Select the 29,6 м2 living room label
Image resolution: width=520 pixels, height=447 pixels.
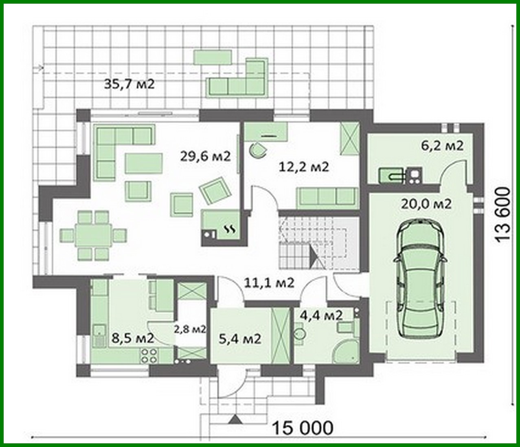205,156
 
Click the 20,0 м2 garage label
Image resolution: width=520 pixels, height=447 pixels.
426,204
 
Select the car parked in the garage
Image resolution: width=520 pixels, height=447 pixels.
419,277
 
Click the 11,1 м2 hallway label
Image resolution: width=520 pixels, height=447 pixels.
269,282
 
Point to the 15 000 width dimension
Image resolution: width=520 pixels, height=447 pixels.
302,428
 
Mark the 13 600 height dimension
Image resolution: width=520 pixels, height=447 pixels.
504,215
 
